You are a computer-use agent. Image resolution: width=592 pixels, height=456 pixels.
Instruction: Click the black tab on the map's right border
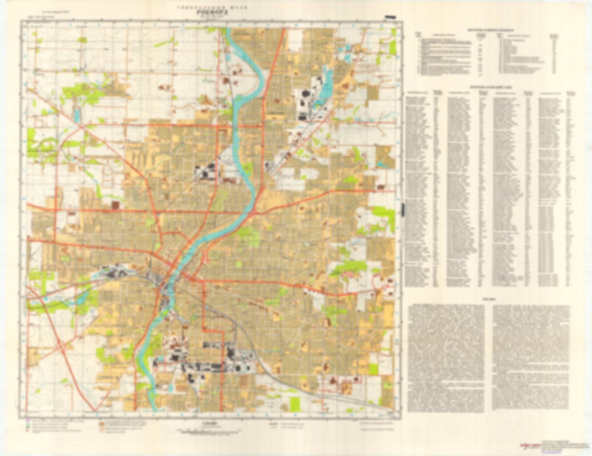pyautogui.click(x=403, y=210)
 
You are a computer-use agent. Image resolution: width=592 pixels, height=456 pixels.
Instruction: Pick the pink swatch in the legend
pyautogui.click(x=27, y=421)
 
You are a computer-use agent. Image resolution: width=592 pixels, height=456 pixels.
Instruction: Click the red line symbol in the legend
pyautogui.click(x=273, y=423)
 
